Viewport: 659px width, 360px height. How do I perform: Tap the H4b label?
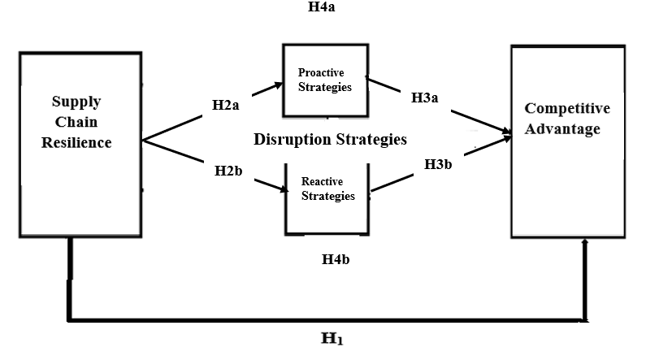click(336, 261)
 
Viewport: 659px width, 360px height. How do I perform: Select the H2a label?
click(226, 105)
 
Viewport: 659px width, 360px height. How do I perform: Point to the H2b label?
click(229, 171)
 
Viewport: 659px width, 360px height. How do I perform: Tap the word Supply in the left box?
click(76, 102)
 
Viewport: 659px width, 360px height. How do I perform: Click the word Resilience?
click(76, 142)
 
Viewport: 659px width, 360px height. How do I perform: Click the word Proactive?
click(324, 73)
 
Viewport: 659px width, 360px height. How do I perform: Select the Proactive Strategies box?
click(324, 80)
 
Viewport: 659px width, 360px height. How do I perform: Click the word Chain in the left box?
click(76, 122)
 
